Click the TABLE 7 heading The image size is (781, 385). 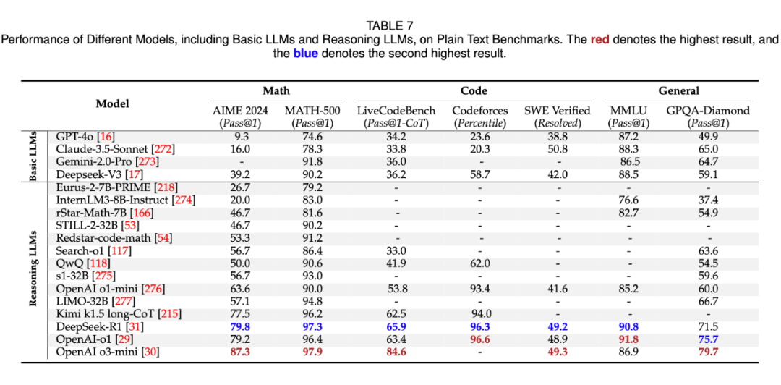[390, 25]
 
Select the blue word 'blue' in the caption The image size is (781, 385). [305, 54]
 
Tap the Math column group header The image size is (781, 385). [276, 90]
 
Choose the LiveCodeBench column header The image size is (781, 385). [396, 111]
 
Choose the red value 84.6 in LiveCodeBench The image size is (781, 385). [396, 352]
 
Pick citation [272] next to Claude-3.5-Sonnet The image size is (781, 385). [163, 149]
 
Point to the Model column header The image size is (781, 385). [113, 103]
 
